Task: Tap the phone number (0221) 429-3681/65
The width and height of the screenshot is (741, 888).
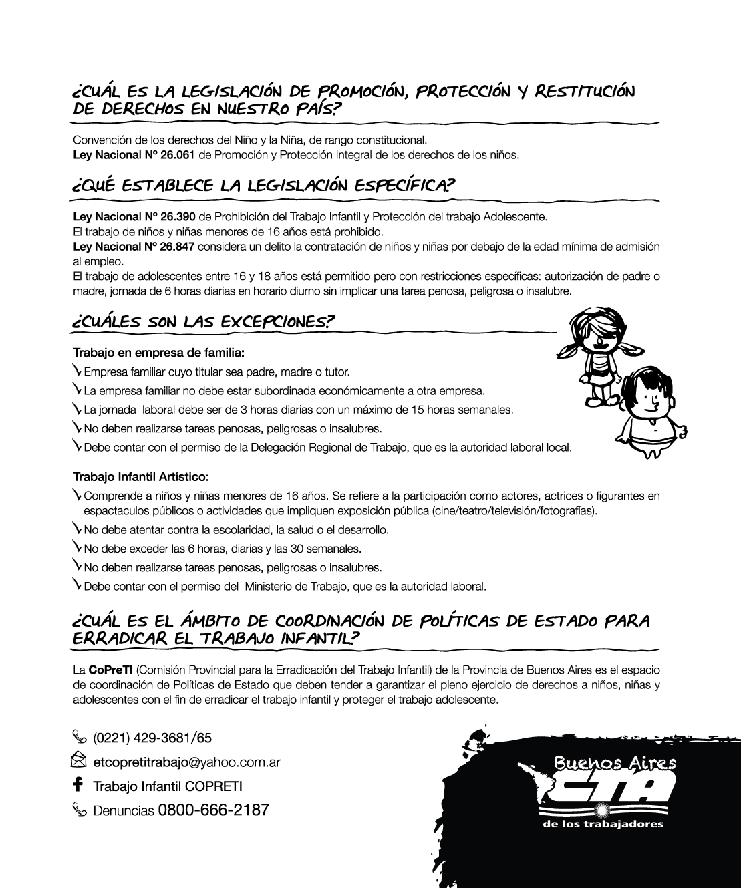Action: [x=152, y=738]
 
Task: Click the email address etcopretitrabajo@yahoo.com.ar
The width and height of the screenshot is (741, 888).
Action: [x=186, y=762]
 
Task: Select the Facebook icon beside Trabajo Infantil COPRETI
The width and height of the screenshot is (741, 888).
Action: [x=78, y=784]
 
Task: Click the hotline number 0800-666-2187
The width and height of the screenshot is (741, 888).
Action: [x=213, y=810]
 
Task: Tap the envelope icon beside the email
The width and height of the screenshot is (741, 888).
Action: [x=79, y=760]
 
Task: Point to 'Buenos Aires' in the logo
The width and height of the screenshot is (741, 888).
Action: [x=615, y=762]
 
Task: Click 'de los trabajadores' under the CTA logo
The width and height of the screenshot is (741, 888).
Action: [x=603, y=823]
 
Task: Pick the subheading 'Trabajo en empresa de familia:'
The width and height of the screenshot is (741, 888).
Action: [x=158, y=352]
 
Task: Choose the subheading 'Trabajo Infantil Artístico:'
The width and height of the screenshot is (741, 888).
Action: [x=140, y=477]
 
